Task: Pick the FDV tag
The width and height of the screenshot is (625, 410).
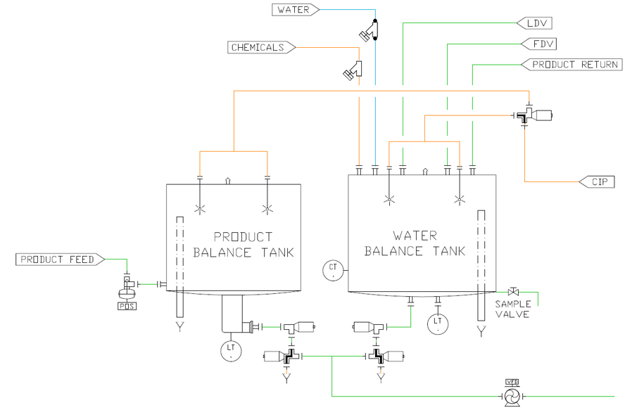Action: [539, 44]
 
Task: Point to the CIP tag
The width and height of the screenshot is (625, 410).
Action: [598, 181]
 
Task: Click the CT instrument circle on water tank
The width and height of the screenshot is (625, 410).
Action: [333, 269]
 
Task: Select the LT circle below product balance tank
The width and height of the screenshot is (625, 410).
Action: [231, 350]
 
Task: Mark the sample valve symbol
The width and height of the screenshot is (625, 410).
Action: [513, 291]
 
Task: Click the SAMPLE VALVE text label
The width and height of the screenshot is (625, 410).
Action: [512, 309]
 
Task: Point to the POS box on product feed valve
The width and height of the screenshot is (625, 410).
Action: [127, 305]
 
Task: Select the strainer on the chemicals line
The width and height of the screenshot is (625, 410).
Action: [353, 70]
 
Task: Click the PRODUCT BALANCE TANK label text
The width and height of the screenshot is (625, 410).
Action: [243, 244]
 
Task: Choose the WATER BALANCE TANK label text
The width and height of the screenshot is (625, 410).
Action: [415, 243]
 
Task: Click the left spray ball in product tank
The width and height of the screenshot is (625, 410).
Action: [200, 207]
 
